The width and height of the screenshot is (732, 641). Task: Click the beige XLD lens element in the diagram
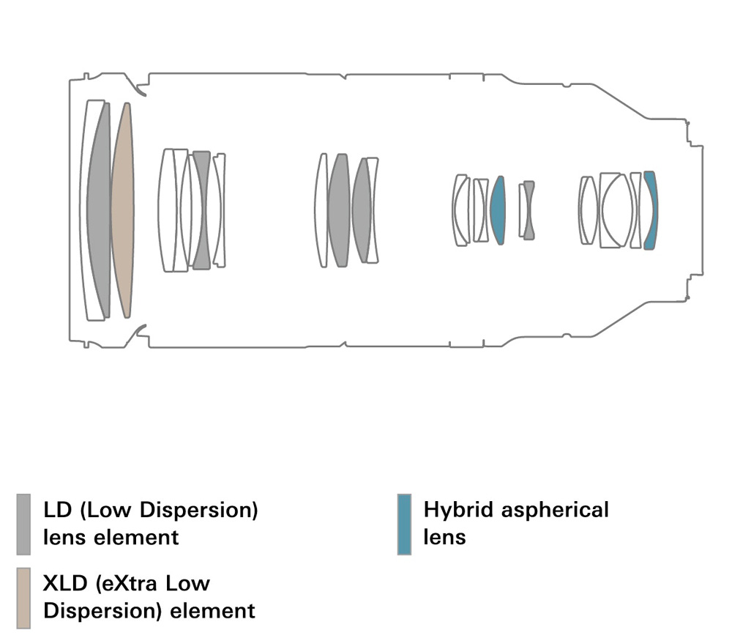pos(122,210)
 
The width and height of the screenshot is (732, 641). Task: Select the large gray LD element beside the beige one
pos(99,210)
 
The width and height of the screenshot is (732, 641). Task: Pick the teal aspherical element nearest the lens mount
pos(651,210)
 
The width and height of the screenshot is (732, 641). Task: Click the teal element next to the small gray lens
pos(498,210)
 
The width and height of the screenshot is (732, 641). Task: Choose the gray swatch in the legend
pos(23,524)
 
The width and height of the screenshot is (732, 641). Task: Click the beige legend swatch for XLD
pos(23,598)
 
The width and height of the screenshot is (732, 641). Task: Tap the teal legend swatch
pos(404,524)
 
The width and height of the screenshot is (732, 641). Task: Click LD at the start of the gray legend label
pos(56,510)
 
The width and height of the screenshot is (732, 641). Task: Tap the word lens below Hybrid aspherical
pos(444,537)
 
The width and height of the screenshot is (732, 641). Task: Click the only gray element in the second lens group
pos(201,210)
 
